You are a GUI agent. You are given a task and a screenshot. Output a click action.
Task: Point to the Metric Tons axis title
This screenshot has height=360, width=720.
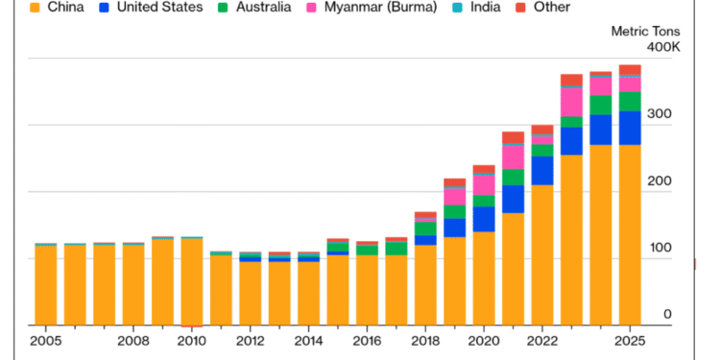click(x=646, y=31)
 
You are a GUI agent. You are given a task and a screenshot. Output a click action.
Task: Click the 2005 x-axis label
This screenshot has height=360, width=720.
click(x=46, y=341)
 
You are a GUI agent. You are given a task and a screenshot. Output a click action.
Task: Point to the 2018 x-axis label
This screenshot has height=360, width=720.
click(x=425, y=341)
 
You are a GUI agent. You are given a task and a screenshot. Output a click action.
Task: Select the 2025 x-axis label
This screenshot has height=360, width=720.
click(x=630, y=341)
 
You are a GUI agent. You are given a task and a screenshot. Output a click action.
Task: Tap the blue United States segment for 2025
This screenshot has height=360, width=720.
click(x=630, y=128)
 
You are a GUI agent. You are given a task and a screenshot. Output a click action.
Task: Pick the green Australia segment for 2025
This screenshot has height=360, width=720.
click(x=630, y=101)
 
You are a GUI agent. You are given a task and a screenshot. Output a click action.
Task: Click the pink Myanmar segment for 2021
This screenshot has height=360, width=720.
click(x=514, y=156)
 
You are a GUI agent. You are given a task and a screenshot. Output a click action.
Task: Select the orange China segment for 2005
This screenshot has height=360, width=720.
click(x=46, y=284)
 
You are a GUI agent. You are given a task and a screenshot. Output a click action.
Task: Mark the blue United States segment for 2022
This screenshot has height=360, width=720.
click(x=542, y=170)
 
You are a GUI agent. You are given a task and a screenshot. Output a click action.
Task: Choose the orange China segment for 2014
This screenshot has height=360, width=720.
click(x=309, y=292)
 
